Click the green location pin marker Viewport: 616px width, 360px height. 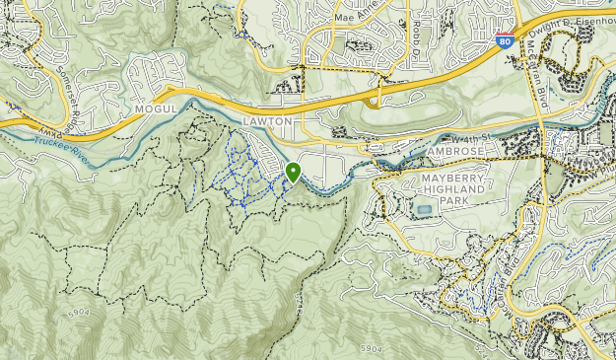[293, 172]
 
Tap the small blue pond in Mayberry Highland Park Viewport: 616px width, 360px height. [424, 210]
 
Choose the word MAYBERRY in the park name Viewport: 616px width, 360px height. [448, 177]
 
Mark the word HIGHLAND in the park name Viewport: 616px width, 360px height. [449, 187]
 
